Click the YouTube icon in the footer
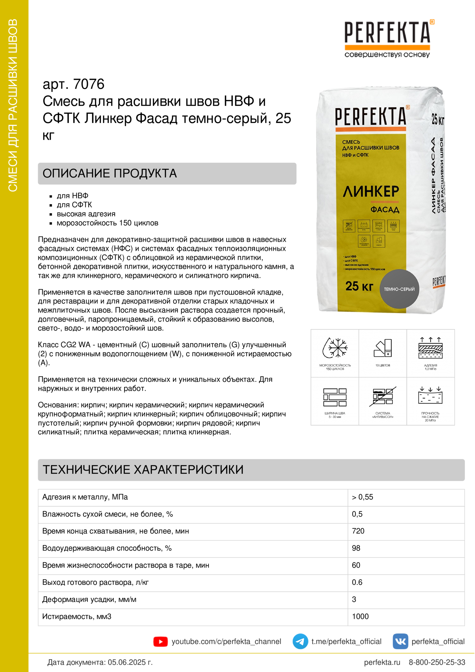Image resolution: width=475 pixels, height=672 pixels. pos(160,642)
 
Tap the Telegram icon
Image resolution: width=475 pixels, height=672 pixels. pos(300,642)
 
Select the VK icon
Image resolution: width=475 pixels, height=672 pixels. pos(400,642)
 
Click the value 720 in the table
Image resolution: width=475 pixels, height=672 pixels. pos(358,531)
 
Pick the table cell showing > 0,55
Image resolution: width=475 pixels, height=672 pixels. pos(362,497)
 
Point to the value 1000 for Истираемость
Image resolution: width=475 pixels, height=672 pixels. pos(360,616)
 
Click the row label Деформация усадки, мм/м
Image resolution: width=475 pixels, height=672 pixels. pos(89,599)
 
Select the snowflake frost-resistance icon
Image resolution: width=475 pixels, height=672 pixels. pos(335,348)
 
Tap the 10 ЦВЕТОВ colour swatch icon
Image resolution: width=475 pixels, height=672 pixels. pos(382,348)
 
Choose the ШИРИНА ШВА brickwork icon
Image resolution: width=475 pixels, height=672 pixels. pos(335,397)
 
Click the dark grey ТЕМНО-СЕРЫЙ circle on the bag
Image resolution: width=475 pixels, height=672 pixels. pos(399,289)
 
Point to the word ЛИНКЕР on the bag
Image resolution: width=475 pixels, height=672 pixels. pos(371,192)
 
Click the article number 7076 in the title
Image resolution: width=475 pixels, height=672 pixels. pos(89,84)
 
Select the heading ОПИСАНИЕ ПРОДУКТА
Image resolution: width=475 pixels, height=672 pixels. pos(110,174)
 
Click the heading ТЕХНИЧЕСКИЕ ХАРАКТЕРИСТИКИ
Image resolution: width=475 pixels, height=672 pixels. pos(143,470)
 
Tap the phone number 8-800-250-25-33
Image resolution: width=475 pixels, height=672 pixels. pos(437,662)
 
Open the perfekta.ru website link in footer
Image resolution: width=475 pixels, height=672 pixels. pos(382,662)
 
